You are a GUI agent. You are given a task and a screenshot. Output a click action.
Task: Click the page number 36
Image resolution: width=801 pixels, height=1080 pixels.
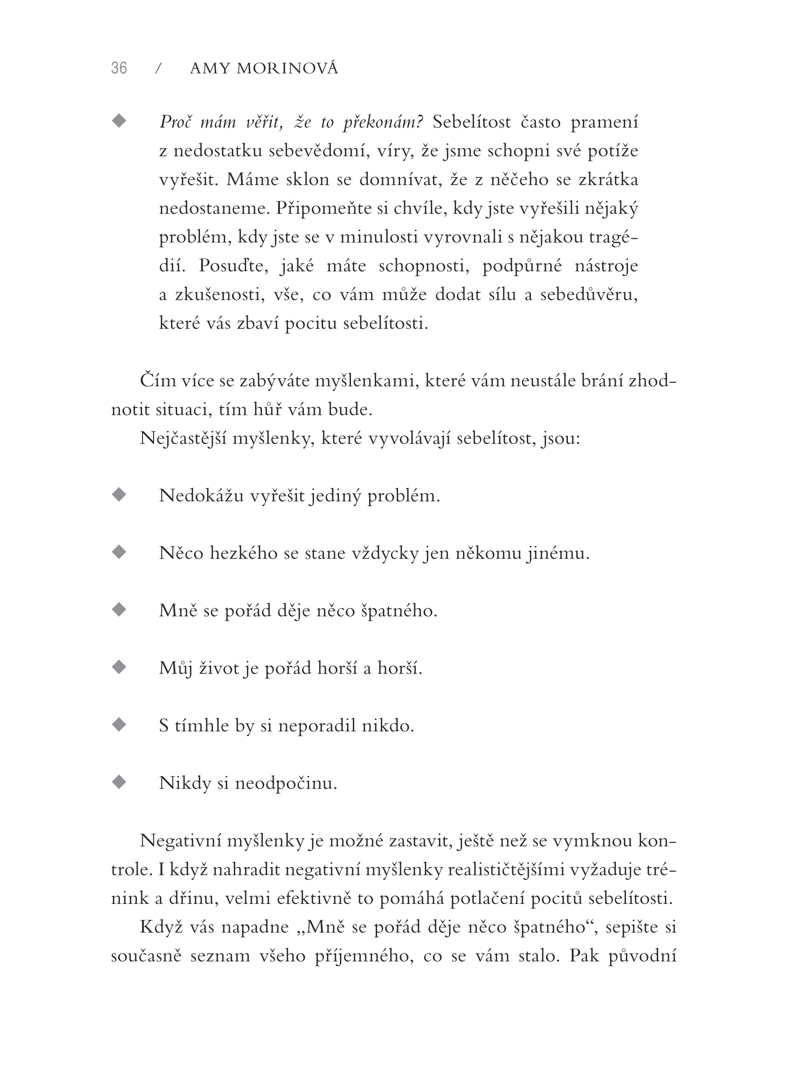(119, 68)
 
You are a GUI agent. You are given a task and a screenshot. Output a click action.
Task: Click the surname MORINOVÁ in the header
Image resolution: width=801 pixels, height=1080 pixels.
(288, 69)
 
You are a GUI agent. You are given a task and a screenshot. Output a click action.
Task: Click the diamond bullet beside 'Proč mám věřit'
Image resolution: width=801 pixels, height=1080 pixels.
(119, 121)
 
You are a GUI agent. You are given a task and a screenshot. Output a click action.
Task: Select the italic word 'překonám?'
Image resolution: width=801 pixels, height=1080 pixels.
(383, 123)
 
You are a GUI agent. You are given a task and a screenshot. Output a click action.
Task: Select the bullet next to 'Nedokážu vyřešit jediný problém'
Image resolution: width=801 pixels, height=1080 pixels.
(119, 495)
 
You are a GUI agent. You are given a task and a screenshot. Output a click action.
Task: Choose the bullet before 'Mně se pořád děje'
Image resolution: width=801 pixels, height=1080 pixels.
(119, 610)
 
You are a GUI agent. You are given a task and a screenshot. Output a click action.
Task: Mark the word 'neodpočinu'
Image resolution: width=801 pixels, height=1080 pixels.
(286, 783)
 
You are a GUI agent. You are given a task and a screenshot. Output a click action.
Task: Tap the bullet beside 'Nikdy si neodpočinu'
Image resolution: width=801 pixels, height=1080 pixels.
(119, 782)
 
